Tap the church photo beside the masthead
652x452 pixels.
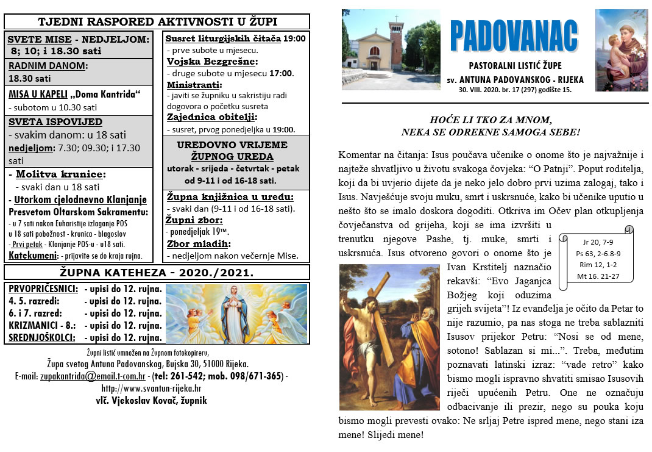click(391, 49)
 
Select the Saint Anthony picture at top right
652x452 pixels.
click(621, 49)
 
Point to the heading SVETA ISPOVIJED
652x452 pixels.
click(55, 121)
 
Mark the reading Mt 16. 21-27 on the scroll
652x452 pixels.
click(596, 276)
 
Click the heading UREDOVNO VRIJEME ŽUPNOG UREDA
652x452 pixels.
click(232, 151)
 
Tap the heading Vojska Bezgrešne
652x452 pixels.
click(212, 61)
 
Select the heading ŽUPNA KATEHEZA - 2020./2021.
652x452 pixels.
click(157, 272)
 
